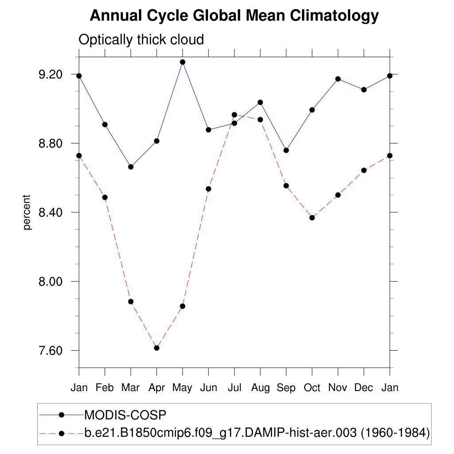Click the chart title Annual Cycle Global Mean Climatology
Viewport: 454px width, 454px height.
[x=234, y=16]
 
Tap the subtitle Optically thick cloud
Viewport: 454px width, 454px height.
[x=141, y=39]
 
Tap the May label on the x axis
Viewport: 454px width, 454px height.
[x=182, y=388]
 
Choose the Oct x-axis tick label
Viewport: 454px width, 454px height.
[x=312, y=388]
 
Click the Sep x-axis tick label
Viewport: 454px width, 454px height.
[x=286, y=388]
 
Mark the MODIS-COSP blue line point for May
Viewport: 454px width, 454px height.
[x=183, y=62]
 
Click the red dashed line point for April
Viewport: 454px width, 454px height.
[x=157, y=348]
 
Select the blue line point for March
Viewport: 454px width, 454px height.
[x=131, y=167]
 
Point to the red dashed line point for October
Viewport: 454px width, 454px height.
[x=312, y=218]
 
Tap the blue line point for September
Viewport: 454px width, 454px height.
[x=286, y=150]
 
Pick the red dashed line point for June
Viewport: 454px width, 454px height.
[x=208, y=189]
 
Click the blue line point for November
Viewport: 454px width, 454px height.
[x=338, y=79]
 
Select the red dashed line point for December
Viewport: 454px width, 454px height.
[x=364, y=170]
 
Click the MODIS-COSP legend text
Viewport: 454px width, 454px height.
[x=125, y=415]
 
